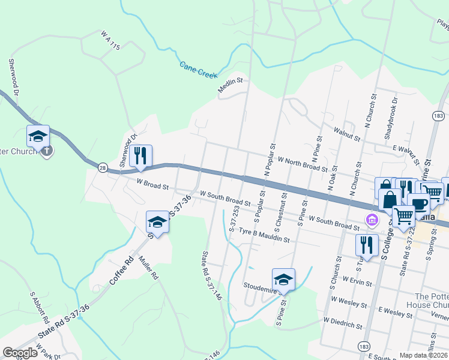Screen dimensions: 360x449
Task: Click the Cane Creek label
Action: coord(197,70)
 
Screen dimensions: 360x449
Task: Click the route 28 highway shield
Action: coord(103,169)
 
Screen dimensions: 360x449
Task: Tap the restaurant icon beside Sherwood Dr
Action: coord(140,156)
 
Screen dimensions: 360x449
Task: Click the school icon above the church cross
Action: coord(38,136)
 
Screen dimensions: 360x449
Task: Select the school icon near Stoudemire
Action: coord(283,279)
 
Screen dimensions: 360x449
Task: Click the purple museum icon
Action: coord(372,220)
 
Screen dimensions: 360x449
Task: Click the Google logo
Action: coord(20,353)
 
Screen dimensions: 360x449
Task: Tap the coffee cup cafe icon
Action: coord(418,202)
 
